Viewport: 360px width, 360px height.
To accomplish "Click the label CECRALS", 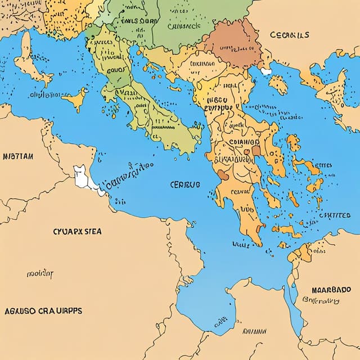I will pyautogui.click(x=289, y=35).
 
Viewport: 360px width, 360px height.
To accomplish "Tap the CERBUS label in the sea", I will pyautogui.click(x=185, y=184).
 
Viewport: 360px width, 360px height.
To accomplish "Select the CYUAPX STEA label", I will pyautogui.click(x=73, y=231).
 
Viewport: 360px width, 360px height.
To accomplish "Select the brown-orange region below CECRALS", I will pyautogui.click(x=233, y=44).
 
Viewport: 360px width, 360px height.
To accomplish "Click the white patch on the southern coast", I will pyautogui.click(x=82, y=176).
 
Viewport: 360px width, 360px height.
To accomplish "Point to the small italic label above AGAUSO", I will pyautogui.click(x=39, y=274).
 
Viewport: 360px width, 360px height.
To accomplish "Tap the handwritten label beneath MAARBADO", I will pyautogui.click(x=321, y=301).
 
